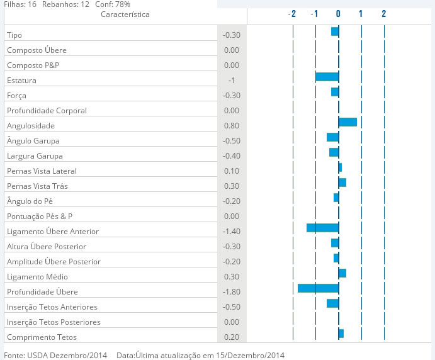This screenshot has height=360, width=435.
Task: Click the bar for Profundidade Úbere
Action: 318,288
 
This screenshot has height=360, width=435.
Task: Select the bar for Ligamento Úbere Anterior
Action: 322,228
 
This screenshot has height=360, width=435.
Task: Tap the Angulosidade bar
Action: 347,122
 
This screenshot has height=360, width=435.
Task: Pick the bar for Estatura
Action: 327,77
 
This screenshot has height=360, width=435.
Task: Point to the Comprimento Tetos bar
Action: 341,334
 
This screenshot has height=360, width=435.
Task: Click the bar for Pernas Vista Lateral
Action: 340,167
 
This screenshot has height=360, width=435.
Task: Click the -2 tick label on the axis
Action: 291,14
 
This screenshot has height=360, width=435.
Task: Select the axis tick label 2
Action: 383,14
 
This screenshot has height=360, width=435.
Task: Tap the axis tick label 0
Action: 338,14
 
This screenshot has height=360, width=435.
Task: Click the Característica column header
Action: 125,14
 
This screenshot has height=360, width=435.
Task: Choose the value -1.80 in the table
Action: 232,292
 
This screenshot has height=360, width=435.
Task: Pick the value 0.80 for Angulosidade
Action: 232,126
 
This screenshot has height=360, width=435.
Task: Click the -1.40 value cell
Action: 232,232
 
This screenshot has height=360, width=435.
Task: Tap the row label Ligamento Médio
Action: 37,277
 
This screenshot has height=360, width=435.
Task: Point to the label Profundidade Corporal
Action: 47,111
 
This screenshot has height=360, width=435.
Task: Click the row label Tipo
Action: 14,35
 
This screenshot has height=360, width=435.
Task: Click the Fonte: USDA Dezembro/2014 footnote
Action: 55,355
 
